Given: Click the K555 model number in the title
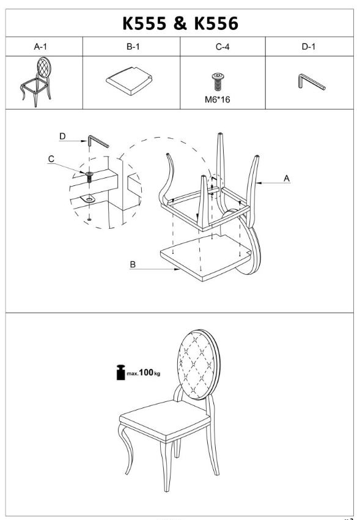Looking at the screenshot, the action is click(144, 23).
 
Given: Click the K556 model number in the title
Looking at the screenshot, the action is click(216, 23).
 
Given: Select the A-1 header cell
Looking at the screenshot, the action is click(44, 46).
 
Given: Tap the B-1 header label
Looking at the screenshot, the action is click(133, 46).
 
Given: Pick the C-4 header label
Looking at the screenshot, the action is click(222, 46).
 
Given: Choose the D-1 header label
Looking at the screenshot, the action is click(309, 46).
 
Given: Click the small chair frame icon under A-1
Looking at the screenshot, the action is click(36, 82).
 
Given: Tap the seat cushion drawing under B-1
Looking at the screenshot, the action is click(129, 81).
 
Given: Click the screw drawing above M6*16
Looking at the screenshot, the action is click(217, 81).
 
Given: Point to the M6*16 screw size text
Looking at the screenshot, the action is click(217, 100).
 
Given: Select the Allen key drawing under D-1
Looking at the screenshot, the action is click(312, 81).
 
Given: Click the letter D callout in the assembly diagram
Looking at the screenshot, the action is click(62, 136).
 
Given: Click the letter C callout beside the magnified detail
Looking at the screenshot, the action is click(51, 159).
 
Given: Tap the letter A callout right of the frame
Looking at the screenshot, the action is click(287, 179).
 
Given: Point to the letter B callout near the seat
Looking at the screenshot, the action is click(133, 264).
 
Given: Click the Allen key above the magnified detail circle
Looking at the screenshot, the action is click(98, 141).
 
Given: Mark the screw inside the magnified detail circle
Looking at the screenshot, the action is click(89, 177).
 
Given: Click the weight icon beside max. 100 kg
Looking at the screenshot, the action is click(121, 372).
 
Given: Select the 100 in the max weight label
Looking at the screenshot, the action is click(146, 373).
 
